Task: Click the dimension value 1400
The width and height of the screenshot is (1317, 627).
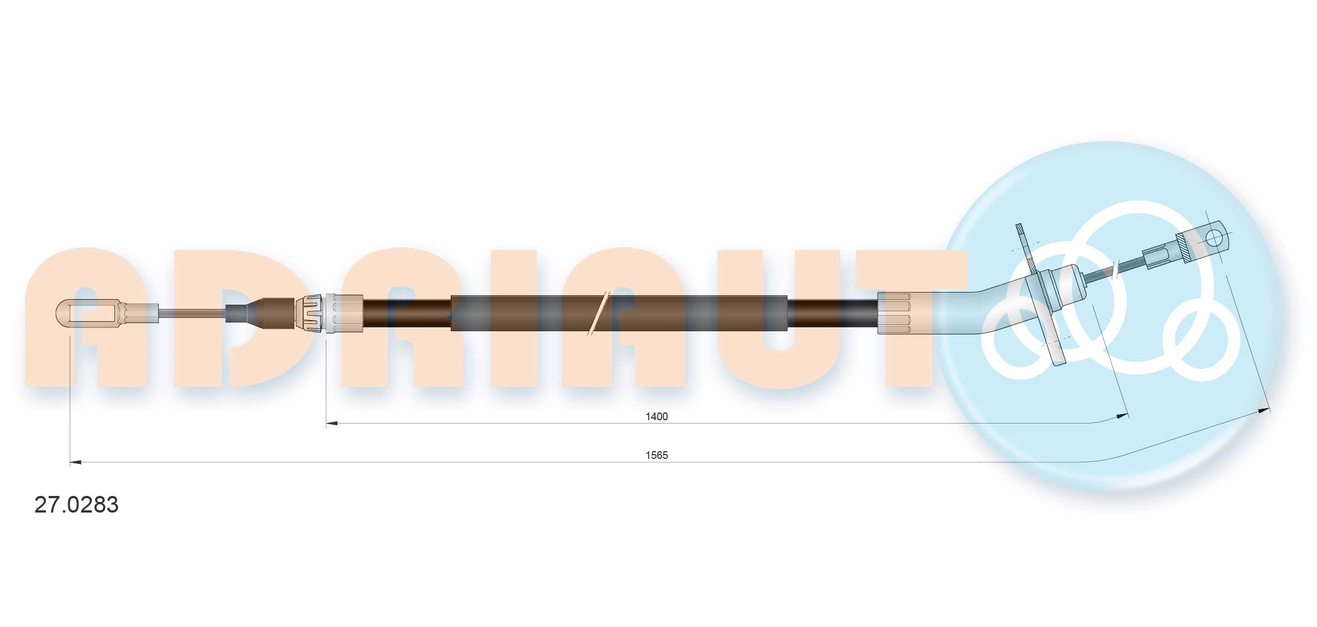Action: pos(657,416)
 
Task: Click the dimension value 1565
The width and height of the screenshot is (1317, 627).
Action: pos(657,455)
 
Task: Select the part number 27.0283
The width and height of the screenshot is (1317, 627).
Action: pos(76,505)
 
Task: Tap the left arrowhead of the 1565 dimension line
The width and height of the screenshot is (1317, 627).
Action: pos(76,462)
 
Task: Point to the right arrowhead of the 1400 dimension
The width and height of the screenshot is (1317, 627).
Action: pos(1122,415)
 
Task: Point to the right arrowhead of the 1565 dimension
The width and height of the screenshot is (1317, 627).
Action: pos(1264,410)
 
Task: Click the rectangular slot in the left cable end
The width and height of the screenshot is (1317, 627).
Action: pos(93,313)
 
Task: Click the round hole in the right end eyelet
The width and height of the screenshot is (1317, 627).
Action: pos(1214,238)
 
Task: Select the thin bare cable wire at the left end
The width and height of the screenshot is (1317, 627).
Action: pos(191,313)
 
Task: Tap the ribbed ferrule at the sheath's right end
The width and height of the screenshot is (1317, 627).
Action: pos(894,313)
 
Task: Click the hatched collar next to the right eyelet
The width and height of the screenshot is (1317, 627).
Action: pos(1184,248)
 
